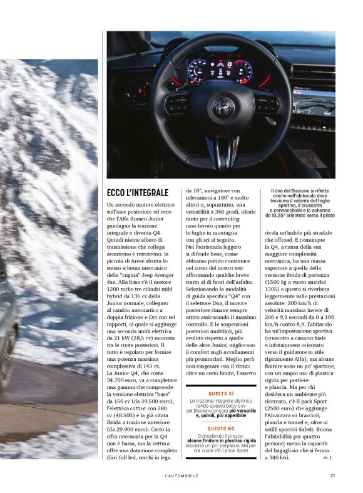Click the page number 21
coord(333,475)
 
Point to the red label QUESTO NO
coord(222,428)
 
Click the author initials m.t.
coord(327,457)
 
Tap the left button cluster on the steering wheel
coord(178,103)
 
